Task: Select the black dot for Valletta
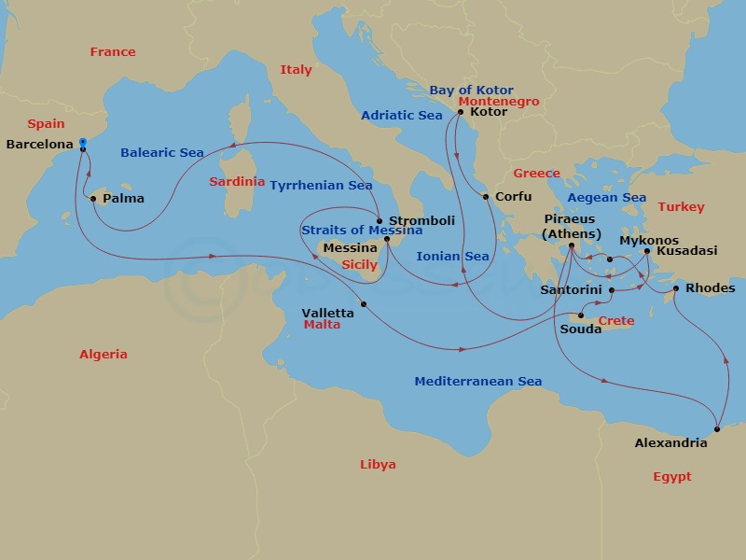[364, 304]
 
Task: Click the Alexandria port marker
[717, 429]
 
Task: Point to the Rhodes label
[710, 287]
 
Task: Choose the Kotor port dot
[459, 113]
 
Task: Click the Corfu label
[513, 197]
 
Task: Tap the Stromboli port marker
[380, 221]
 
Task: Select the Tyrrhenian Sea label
[321, 186]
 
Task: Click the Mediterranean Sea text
[477, 382]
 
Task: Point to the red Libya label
[378, 465]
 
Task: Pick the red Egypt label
[671, 477]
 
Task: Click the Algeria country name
[103, 355]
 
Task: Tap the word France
[112, 52]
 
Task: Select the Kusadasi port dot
[647, 251]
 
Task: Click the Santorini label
[572, 290]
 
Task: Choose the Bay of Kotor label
[471, 91]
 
